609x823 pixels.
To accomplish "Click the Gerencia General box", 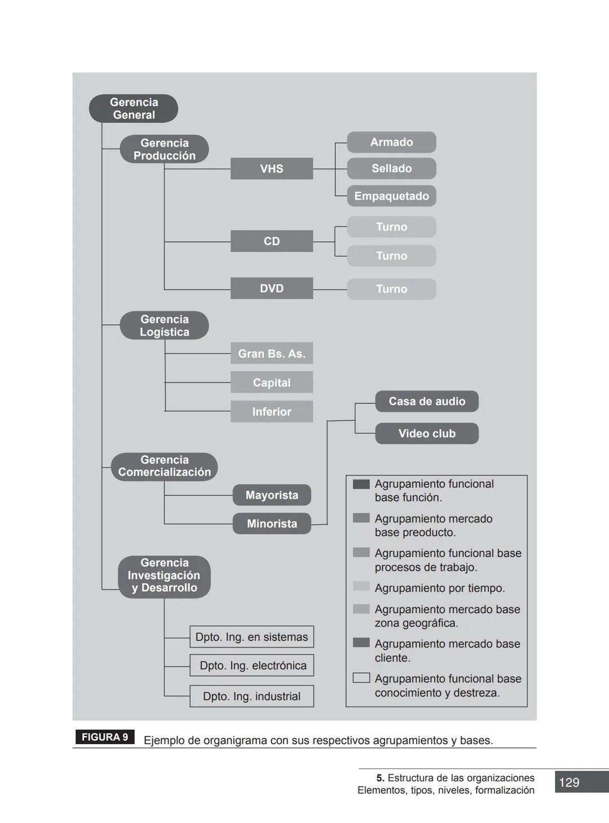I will [x=134, y=108].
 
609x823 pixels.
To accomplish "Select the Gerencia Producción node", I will [x=164, y=149].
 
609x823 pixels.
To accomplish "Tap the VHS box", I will [x=271, y=169].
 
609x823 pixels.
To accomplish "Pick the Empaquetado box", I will [x=391, y=196].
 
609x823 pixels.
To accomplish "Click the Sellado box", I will [x=391, y=168].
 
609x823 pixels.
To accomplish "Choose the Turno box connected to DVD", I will [x=391, y=289].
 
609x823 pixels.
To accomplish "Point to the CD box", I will [x=271, y=241].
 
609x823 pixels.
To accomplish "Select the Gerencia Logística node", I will [x=164, y=325].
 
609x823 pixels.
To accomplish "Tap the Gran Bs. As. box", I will [x=271, y=353].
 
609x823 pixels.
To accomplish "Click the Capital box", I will [x=271, y=382].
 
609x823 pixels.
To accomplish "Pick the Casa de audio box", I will [x=427, y=401].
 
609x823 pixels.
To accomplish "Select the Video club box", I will [x=427, y=433].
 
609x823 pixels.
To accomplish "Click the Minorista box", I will [x=272, y=523].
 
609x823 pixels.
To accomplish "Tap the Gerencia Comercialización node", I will [x=164, y=466].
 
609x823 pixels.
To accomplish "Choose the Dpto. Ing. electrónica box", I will [x=252, y=666].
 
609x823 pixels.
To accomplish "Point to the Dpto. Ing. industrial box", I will [x=251, y=696].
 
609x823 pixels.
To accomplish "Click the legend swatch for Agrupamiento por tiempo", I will [x=361, y=586].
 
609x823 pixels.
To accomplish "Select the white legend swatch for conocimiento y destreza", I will [x=361, y=677].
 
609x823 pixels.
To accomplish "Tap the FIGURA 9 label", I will [x=105, y=737].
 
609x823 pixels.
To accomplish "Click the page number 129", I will [x=569, y=782].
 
